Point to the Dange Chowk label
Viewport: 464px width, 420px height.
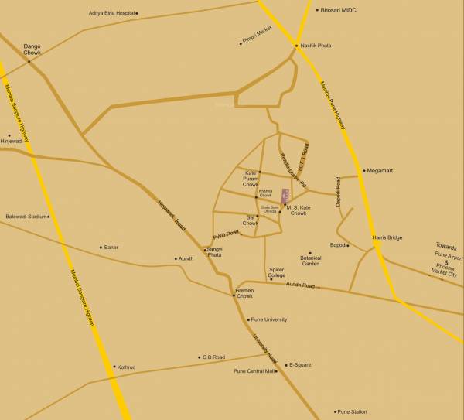point(32,49)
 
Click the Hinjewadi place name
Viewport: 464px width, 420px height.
point(12,142)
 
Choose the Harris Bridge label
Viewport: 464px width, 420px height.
point(387,237)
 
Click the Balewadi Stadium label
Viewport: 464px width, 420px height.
point(26,217)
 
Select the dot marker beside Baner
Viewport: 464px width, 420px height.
point(101,248)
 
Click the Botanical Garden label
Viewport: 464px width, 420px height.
point(310,261)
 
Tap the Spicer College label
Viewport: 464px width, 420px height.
point(277,272)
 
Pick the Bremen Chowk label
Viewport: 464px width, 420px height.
point(244,293)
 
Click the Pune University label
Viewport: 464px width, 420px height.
point(269,319)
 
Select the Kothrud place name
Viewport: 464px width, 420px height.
point(125,367)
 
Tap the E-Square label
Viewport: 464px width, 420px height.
point(301,364)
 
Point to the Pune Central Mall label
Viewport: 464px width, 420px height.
point(254,371)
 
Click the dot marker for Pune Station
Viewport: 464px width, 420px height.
point(336,411)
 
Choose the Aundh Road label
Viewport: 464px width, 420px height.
point(300,285)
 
